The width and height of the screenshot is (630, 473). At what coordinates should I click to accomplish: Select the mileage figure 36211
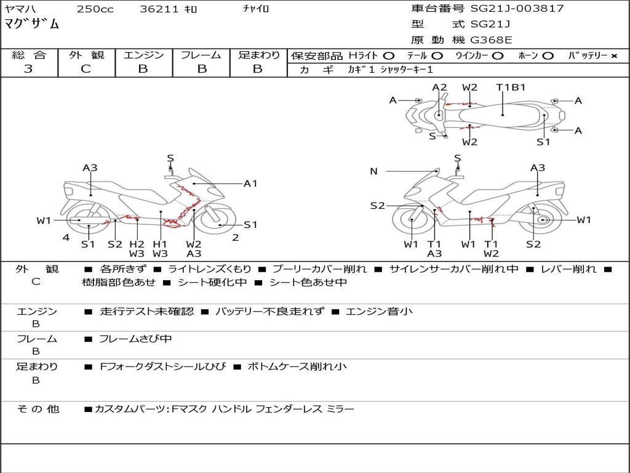[158, 9]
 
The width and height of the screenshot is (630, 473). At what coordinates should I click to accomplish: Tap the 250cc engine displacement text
[95, 9]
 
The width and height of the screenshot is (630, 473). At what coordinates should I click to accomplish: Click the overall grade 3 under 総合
[28, 69]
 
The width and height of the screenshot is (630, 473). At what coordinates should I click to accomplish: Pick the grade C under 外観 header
[86, 69]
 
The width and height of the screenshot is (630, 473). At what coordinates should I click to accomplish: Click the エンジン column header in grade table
[143, 55]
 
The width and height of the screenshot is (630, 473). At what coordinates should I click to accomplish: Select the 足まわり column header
[258, 55]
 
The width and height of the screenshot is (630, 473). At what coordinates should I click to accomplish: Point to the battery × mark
[613, 56]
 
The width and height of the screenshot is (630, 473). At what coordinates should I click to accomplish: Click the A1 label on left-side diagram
[250, 183]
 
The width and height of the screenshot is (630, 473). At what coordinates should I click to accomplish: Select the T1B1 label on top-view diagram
[511, 87]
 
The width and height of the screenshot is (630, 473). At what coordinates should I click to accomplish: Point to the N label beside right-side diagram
[373, 171]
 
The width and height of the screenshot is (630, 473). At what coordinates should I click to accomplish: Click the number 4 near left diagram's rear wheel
[66, 237]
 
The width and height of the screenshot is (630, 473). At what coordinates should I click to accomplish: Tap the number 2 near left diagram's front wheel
[235, 237]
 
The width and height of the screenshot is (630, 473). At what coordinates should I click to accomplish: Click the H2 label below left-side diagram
[137, 244]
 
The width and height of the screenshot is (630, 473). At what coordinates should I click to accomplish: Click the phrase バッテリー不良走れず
[269, 311]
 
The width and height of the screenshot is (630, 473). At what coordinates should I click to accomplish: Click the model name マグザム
[32, 25]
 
